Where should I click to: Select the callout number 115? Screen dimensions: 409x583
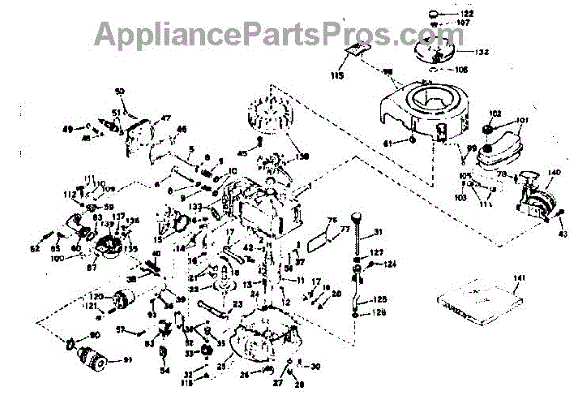pos(338,76)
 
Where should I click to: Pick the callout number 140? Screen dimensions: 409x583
pos(555,174)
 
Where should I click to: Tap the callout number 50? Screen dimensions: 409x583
pos(120,92)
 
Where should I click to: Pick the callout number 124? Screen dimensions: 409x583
pos(391,263)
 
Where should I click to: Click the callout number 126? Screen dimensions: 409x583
pos(381,313)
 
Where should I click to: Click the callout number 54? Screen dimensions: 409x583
pos(163,371)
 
